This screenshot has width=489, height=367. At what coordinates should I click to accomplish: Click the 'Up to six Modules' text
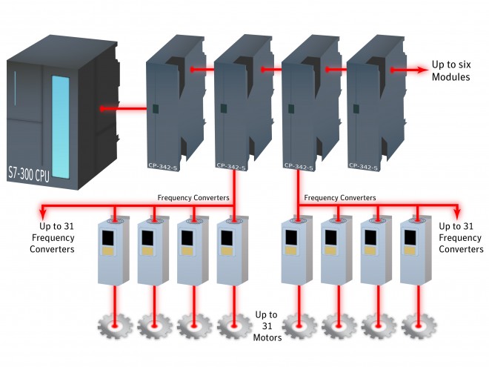453,70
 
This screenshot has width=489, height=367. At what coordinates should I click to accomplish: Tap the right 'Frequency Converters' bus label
340,198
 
